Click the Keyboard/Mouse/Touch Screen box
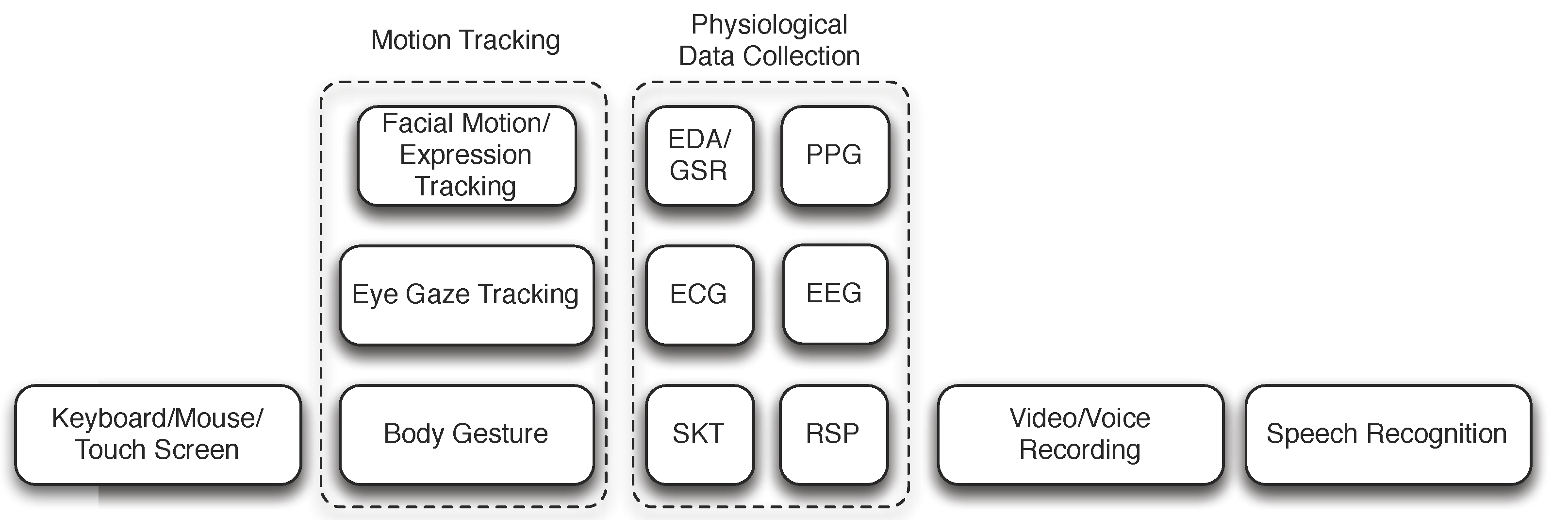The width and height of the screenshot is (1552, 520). tap(157, 434)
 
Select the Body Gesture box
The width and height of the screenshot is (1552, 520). tap(466, 434)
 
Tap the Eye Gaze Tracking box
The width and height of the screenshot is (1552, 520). tap(466, 295)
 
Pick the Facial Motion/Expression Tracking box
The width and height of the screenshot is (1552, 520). tap(466, 156)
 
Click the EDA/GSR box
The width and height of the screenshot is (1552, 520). tap(699, 156)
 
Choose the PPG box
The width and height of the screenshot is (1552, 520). tap(834, 156)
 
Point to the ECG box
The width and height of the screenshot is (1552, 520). tap(699, 295)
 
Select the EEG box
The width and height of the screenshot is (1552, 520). tap(834, 294)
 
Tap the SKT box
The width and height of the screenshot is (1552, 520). tap(699, 434)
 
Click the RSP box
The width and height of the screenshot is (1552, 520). tap(833, 434)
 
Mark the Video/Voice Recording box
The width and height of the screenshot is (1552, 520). tap(1080, 434)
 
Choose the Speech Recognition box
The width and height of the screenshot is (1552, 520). tap(1387, 434)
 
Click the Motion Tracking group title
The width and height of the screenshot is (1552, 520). tap(465, 40)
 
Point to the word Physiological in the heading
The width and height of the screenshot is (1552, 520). tap(769, 25)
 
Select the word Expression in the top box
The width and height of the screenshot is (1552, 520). tap(465, 156)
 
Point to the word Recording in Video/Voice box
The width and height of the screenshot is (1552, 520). tap(1080, 450)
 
